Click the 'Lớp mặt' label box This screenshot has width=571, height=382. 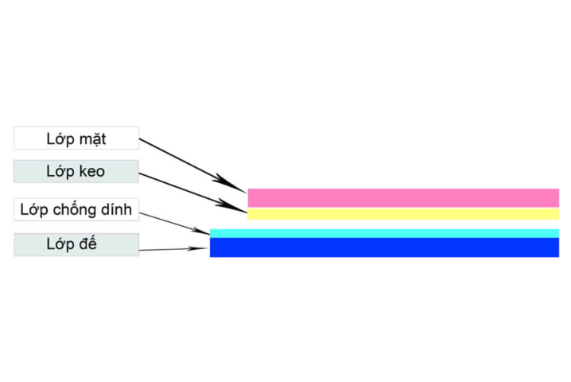pyautogui.click(x=76, y=138)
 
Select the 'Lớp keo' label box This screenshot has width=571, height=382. pyautogui.click(x=76, y=171)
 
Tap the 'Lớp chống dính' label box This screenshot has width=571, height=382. pyautogui.click(x=76, y=209)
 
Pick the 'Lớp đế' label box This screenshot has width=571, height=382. pyautogui.click(x=76, y=244)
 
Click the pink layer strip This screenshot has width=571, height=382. pyautogui.click(x=403, y=198)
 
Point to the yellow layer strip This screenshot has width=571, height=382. pyautogui.click(x=403, y=214)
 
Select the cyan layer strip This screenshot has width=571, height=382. pyautogui.click(x=385, y=233)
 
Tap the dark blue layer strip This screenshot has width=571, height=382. pyautogui.click(x=385, y=248)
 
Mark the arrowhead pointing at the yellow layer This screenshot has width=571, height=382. pyautogui.click(x=232, y=205)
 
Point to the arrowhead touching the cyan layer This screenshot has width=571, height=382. pyautogui.click(x=201, y=231)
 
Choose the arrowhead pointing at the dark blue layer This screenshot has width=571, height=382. pyautogui.click(x=198, y=248)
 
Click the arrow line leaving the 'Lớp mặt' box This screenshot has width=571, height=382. pyautogui.click(x=193, y=165)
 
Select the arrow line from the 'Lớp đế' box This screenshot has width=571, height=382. pyautogui.click(x=173, y=249)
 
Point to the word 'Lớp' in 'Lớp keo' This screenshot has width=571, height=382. pyautogui.click(x=60, y=171)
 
